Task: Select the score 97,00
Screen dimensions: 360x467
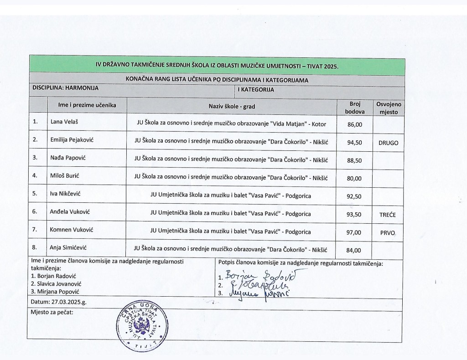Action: click(x=354, y=232)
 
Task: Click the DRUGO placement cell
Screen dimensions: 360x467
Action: click(x=388, y=143)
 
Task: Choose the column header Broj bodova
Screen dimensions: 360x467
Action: click(x=355, y=107)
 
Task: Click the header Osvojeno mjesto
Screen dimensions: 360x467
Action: click(x=388, y=107)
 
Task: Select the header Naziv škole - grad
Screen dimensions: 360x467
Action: click(x=232, y=106)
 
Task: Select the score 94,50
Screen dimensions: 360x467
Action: click(x=354, y=143)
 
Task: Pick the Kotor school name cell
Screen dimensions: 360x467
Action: click(x=232, y=123)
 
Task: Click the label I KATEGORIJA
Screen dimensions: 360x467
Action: click(x=256, y=90)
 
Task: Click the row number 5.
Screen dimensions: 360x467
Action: click(x=36, y=194)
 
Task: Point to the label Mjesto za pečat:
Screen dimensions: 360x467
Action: click(x=52, y=313)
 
